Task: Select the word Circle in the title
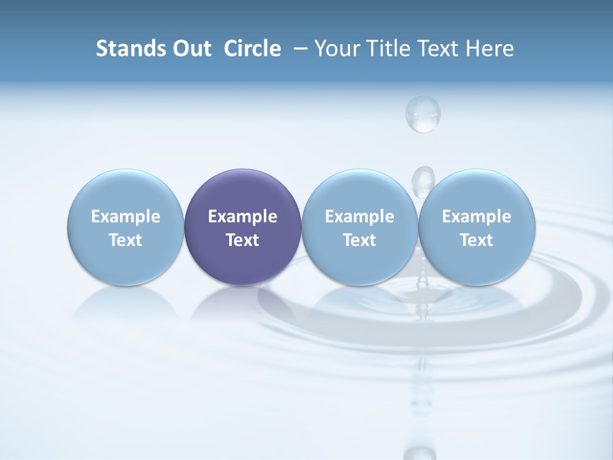tap(252, 49)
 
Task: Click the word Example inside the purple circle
tap(243, 217)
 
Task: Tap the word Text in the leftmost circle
tap(126, 240)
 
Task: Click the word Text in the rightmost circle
tap(477, 240)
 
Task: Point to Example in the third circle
tap(359, 217)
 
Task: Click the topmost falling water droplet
tap(423, 113)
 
